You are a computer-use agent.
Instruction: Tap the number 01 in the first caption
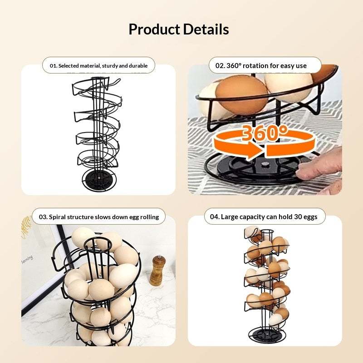(x=53, y=66)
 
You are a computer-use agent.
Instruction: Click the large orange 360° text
(x=265, y=133)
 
